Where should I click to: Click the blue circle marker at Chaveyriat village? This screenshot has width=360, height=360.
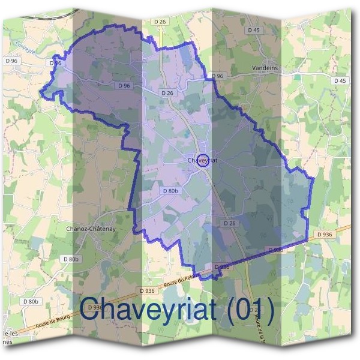203,160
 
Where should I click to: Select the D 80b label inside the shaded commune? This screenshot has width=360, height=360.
171,190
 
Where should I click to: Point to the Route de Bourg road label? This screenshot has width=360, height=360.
56,317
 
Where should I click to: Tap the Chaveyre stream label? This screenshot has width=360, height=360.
25,47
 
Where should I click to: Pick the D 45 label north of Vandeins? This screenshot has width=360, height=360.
253,30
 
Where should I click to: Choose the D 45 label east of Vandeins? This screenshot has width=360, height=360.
340,81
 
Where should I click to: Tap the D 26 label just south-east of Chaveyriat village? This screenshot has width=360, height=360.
230,223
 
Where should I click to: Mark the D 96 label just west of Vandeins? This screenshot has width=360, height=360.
217,76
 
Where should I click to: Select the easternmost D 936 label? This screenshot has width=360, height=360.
324,234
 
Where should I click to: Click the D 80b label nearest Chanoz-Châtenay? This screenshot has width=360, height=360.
71,259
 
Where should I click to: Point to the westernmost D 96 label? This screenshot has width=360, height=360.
11,61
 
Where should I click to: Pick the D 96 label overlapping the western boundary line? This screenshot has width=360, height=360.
56,62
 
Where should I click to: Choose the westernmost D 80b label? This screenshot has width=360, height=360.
31,301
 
